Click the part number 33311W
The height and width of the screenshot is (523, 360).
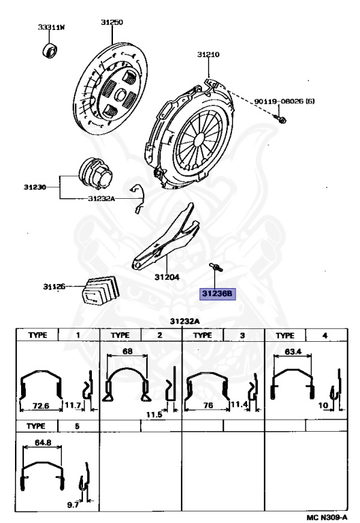(51, 27)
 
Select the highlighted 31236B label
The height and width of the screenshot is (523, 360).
(217, 294)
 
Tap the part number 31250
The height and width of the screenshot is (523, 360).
(112, 22)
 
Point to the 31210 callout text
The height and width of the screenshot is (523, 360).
(208, 54)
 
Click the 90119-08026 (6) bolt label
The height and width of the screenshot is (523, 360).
(284, 101)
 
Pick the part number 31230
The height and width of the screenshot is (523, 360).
(35, 187)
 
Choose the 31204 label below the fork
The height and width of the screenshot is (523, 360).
(167, 277)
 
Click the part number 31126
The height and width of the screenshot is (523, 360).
(54, 287)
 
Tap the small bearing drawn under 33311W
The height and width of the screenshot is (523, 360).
(50, 50)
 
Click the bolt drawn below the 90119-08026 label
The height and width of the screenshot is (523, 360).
(279, 118)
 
